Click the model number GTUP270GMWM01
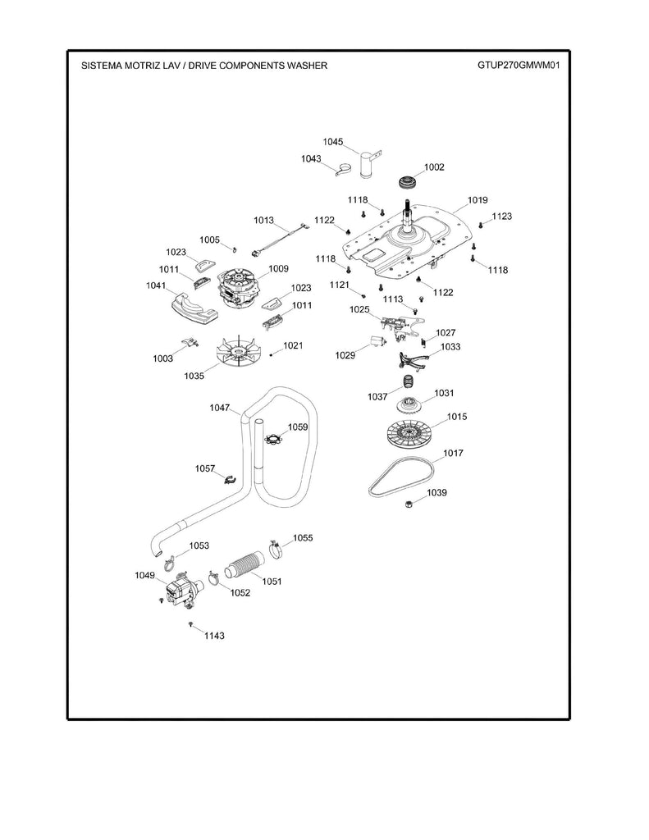click(x=518, y=65)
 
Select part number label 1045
click(x=332, y=142)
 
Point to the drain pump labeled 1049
click(x=181, y=590)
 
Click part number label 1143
click(x=214, y=636)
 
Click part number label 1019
click(x=478, y=199)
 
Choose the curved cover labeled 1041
click(x=190, y=308)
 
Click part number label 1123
click(x=501, y=217)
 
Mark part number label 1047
click(x=220, y=408)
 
